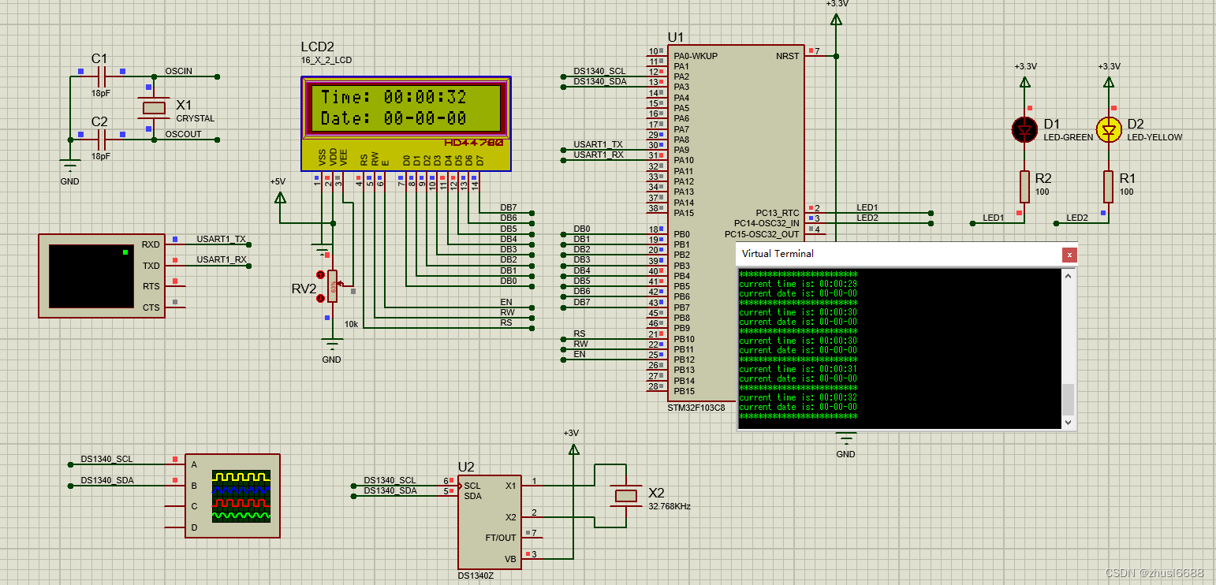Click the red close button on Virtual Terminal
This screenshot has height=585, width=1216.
(1069, 255)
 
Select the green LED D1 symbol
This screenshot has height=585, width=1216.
(1024, 130)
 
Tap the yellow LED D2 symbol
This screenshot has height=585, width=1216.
(1109, 130)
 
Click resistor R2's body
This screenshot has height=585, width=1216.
(1024, 186)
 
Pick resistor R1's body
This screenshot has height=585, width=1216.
(1109, 186)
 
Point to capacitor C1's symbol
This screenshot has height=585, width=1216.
(101, 76)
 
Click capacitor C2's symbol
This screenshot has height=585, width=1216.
(101, 140)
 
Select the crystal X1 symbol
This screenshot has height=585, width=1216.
(154, 107)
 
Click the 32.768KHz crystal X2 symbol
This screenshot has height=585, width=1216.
(626, 495)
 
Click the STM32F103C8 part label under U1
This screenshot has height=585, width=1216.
(696, 408)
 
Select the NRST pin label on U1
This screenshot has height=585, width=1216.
(787, 56)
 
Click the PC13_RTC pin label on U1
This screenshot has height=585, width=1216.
(777, 213)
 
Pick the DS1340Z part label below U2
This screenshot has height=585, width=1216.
(476, 576)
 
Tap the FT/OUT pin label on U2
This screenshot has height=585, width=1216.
(501, 538)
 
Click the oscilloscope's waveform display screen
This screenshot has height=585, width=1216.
(241, 496)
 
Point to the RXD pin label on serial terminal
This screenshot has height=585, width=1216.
(151, 244)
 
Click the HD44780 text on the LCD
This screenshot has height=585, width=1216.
(473, 143)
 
